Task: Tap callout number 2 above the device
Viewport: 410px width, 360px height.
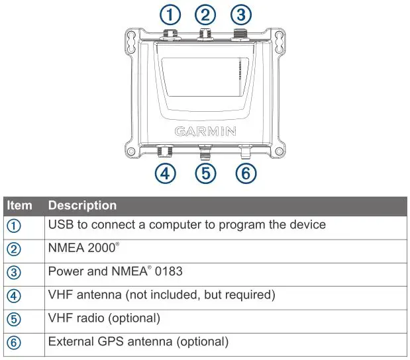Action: click(207, 15)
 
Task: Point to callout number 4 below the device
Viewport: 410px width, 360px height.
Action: click(166, 174)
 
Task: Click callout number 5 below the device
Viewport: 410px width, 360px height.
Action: click(207, 174)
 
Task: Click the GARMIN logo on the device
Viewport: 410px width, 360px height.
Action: click(205, 131)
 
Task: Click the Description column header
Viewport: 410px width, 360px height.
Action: click(82, 206)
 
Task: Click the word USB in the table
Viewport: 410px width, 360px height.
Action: click(60, 225)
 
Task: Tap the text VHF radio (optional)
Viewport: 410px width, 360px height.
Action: click(104, 318)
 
